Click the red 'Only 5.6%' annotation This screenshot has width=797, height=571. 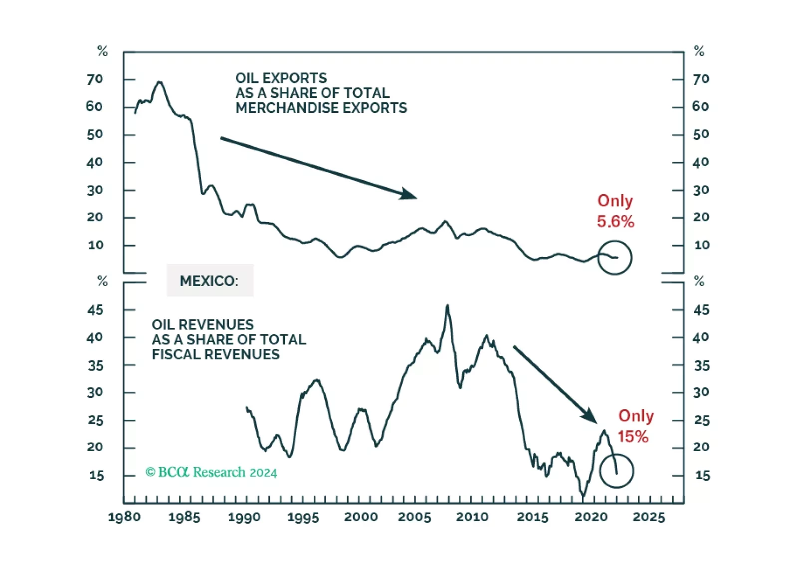click(x=615, y=211)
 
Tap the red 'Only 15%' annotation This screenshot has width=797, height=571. click(x=635, y=426)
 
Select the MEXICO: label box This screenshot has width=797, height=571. click(x=210, y=281)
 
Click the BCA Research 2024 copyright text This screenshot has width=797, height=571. click(x=211, y=472)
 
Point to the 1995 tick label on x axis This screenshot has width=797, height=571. click(x=303, y=517)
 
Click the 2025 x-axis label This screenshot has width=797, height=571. click(x=649, y=517)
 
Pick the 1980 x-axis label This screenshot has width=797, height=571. click(x=124, y=517)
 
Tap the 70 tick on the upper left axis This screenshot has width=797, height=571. click(x=95, y=79)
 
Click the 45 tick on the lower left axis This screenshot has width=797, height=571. click(x=95, y=310)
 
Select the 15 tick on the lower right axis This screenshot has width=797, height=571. click(x=702, y=476)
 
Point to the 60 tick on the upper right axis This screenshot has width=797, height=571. click(x=700, y=107)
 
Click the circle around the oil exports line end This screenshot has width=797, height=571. click(x=615, y=258)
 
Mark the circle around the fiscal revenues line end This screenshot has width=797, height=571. click(x=616, y=471)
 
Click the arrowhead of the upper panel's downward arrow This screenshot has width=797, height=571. click(x=410, y=195)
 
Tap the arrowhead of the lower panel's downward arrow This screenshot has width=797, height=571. click(x=591, y=416)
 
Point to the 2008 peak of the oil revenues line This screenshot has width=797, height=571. click(x=447, y=306)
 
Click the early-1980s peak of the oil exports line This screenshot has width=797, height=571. click(x=159, y=82)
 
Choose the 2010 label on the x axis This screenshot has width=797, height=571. click(x=472, y=517)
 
